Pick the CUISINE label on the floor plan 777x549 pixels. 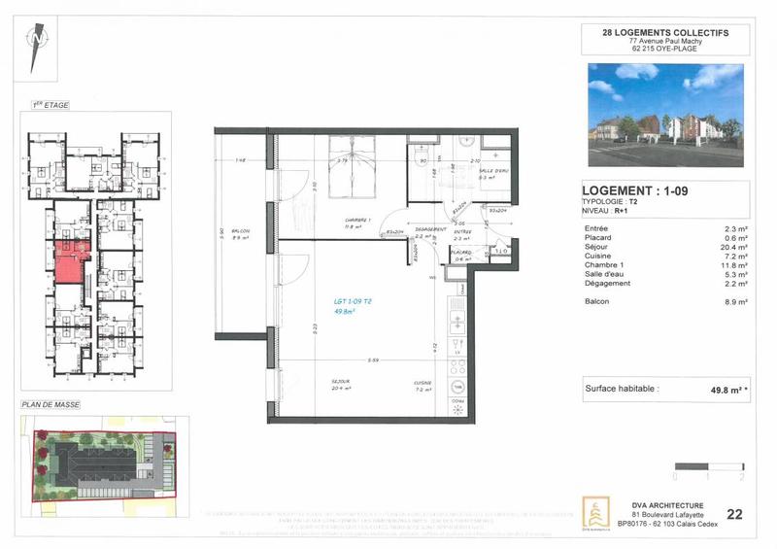422,384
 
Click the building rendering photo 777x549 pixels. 665,116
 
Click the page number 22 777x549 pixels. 734,515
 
